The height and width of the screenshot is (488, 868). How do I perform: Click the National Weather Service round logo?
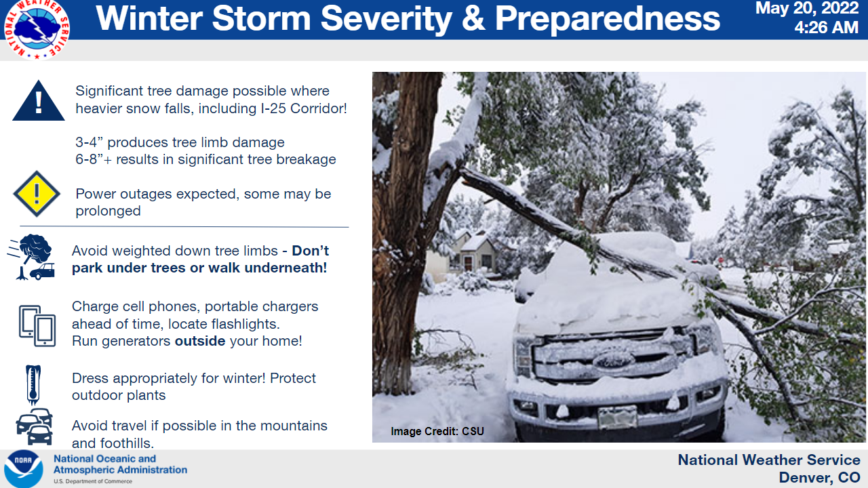pos(37,28)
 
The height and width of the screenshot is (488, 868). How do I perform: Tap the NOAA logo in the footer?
pos(23,468)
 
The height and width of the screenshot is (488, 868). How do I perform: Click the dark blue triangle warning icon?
pos(39,101)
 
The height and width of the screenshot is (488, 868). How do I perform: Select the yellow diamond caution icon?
pos(37,194)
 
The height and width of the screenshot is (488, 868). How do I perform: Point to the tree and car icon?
pos(31,257)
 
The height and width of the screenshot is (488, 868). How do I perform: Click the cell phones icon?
pos(37,326)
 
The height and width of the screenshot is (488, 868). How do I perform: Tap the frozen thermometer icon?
pos(33,384)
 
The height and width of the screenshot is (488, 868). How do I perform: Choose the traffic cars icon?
pos(34,426)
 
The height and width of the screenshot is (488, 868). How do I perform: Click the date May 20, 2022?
pos(807,8)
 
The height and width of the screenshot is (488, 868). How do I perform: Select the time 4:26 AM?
pos(826,28)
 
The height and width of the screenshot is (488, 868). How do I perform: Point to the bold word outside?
pos(200,341)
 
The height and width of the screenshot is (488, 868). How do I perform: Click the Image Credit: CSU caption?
pos(437,431)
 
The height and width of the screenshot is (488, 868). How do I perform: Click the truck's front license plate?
pos(617,417)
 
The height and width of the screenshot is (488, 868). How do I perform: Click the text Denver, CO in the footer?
pos(820,478)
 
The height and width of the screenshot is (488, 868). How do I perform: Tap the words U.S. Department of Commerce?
pos(93,481)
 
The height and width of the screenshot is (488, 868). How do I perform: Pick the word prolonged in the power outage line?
pos(108,211)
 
